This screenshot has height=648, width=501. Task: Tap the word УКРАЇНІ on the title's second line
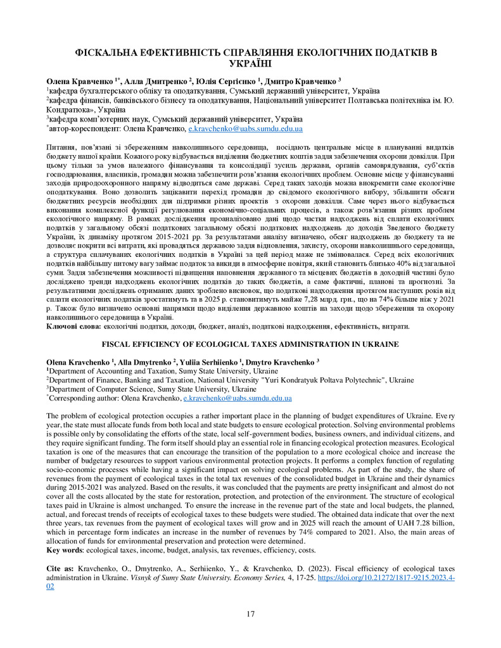pyautogui.click(x=250, y=63)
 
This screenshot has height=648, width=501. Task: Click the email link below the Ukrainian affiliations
pyautogui.click(x=246, y=128)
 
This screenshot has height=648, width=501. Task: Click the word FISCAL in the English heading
pyautogui.click(x=120, y=344)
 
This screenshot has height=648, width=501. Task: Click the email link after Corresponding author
pyautogui.click(x=237, y=399)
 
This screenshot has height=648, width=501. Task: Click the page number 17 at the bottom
pyautogui.click(x=250, y=613)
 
